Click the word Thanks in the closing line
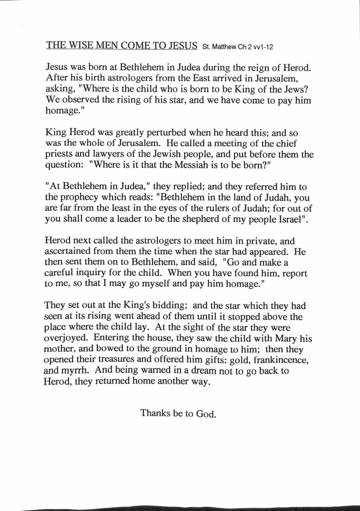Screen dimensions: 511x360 coord(155,413)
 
